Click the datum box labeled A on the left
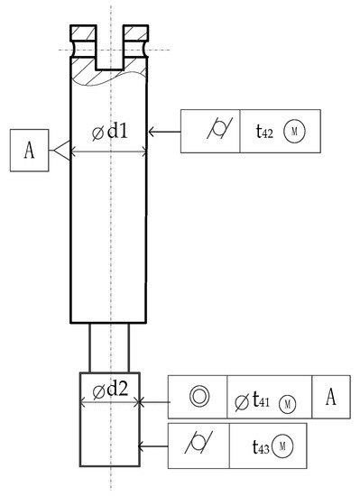coord(29,151)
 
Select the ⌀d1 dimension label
coord(110,133)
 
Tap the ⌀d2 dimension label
coord(109,390)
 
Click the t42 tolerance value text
coord(263,133)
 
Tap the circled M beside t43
coord(282,445)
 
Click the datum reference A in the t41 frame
coord(330,398)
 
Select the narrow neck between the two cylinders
coord(109,347)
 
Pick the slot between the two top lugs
coord(109,50)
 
